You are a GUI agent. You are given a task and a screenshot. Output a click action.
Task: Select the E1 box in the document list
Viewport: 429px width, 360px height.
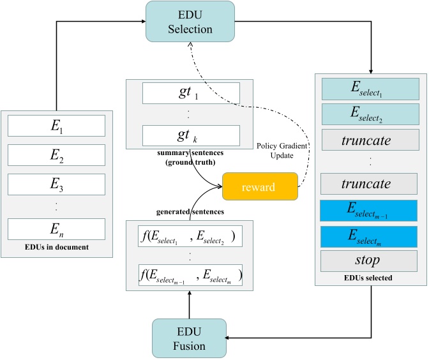(x=57, y=126)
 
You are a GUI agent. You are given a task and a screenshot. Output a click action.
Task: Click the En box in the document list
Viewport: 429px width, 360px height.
(x=57, y=229)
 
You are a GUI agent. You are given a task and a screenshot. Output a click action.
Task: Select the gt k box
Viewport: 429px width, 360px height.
(x=191, y=135)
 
